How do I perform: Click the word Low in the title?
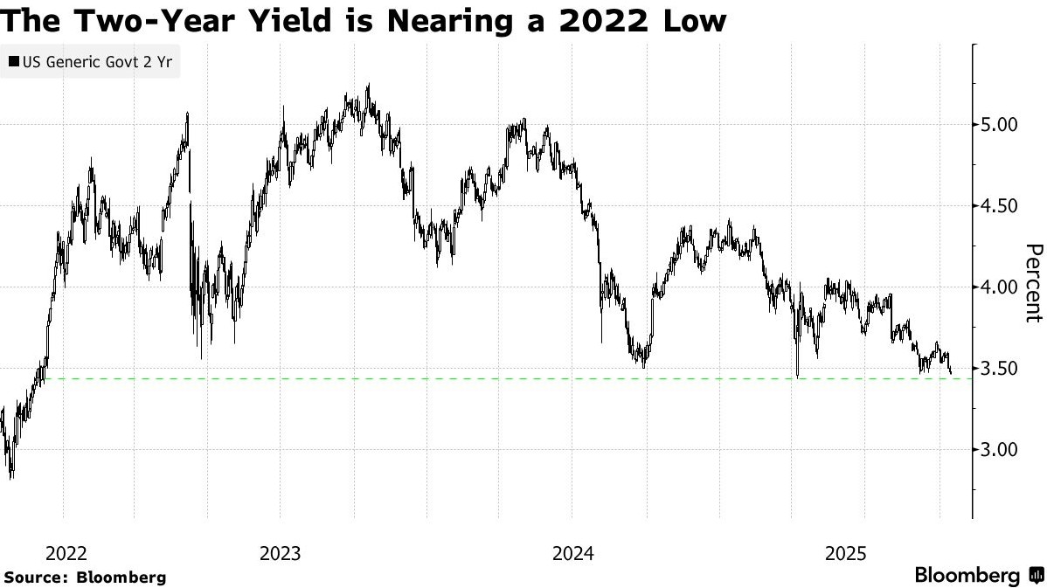coord(693,19)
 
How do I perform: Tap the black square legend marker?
coord(13,61)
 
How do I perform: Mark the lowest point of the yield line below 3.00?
coord(10,478)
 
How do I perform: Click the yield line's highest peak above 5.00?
coord(369,85)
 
